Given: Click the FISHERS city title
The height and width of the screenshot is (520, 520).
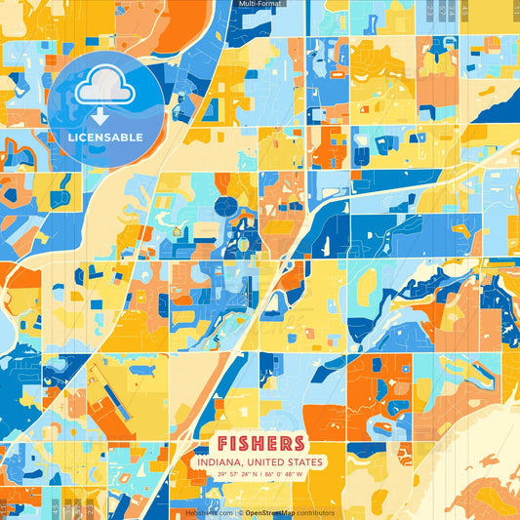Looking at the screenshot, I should pos(260,444).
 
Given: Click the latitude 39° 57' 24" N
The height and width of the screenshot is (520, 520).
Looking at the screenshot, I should pos(233,475).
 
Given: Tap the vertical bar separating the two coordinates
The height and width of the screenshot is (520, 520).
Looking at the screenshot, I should pos(260,475).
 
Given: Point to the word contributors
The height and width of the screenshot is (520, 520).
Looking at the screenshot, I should pos(314,512).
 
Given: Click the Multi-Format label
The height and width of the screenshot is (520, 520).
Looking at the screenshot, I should pos(260,5).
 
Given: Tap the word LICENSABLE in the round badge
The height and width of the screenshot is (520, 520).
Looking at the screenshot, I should pos(105,137).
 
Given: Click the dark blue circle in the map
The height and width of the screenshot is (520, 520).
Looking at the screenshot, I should pos(225,207).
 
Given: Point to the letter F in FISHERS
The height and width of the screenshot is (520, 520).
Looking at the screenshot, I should pos(224,444).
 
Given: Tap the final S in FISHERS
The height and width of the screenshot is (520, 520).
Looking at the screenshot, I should pos(297,444).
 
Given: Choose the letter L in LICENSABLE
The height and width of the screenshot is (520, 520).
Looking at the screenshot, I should pos(71,137).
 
